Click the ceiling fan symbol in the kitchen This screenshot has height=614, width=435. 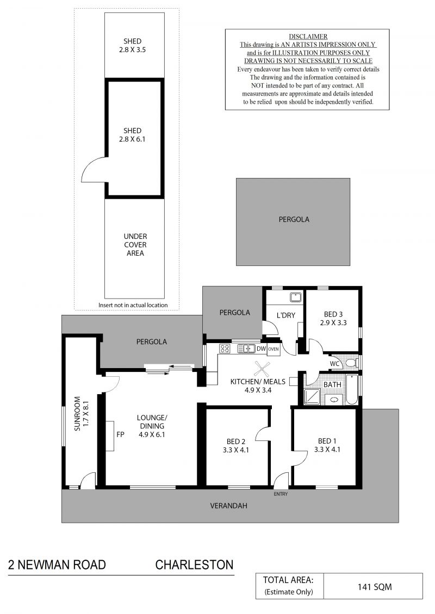coord(262,369)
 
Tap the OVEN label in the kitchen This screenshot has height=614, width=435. coord(274,349)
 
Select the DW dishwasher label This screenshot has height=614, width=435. coord(261,349)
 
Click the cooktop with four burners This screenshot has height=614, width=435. coord(225,348)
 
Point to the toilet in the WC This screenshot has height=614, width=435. coord(350,363)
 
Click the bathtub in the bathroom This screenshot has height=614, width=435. coord(352,389)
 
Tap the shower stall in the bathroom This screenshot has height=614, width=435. coord(312,396)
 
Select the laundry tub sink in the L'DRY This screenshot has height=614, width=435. coord(295,297)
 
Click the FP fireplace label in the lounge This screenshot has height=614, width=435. coord(120,434)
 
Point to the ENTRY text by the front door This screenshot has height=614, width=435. coord(281,494)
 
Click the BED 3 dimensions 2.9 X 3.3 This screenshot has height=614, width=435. coord(333,323)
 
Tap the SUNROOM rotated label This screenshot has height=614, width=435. coord(77,414)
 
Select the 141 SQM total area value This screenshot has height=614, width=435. coord(375,587)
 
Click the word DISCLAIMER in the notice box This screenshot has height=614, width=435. coord(308,36)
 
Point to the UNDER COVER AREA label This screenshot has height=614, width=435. coord(135,245)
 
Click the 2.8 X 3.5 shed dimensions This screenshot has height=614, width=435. coord(133,50)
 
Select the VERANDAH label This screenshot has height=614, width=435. coord(229,505)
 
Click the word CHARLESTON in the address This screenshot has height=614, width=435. coord(195,565)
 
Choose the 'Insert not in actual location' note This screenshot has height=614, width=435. coord(133,305)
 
